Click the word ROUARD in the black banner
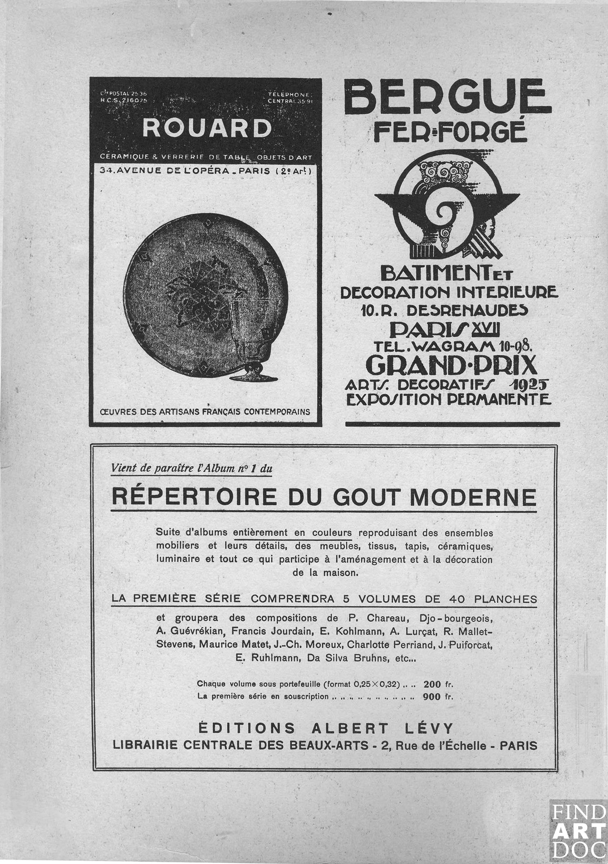coord(206,128)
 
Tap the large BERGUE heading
coord(447,98)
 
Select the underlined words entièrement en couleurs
coord(292,533)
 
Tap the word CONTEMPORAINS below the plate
coord(277,412)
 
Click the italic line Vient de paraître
coord(191,469)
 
